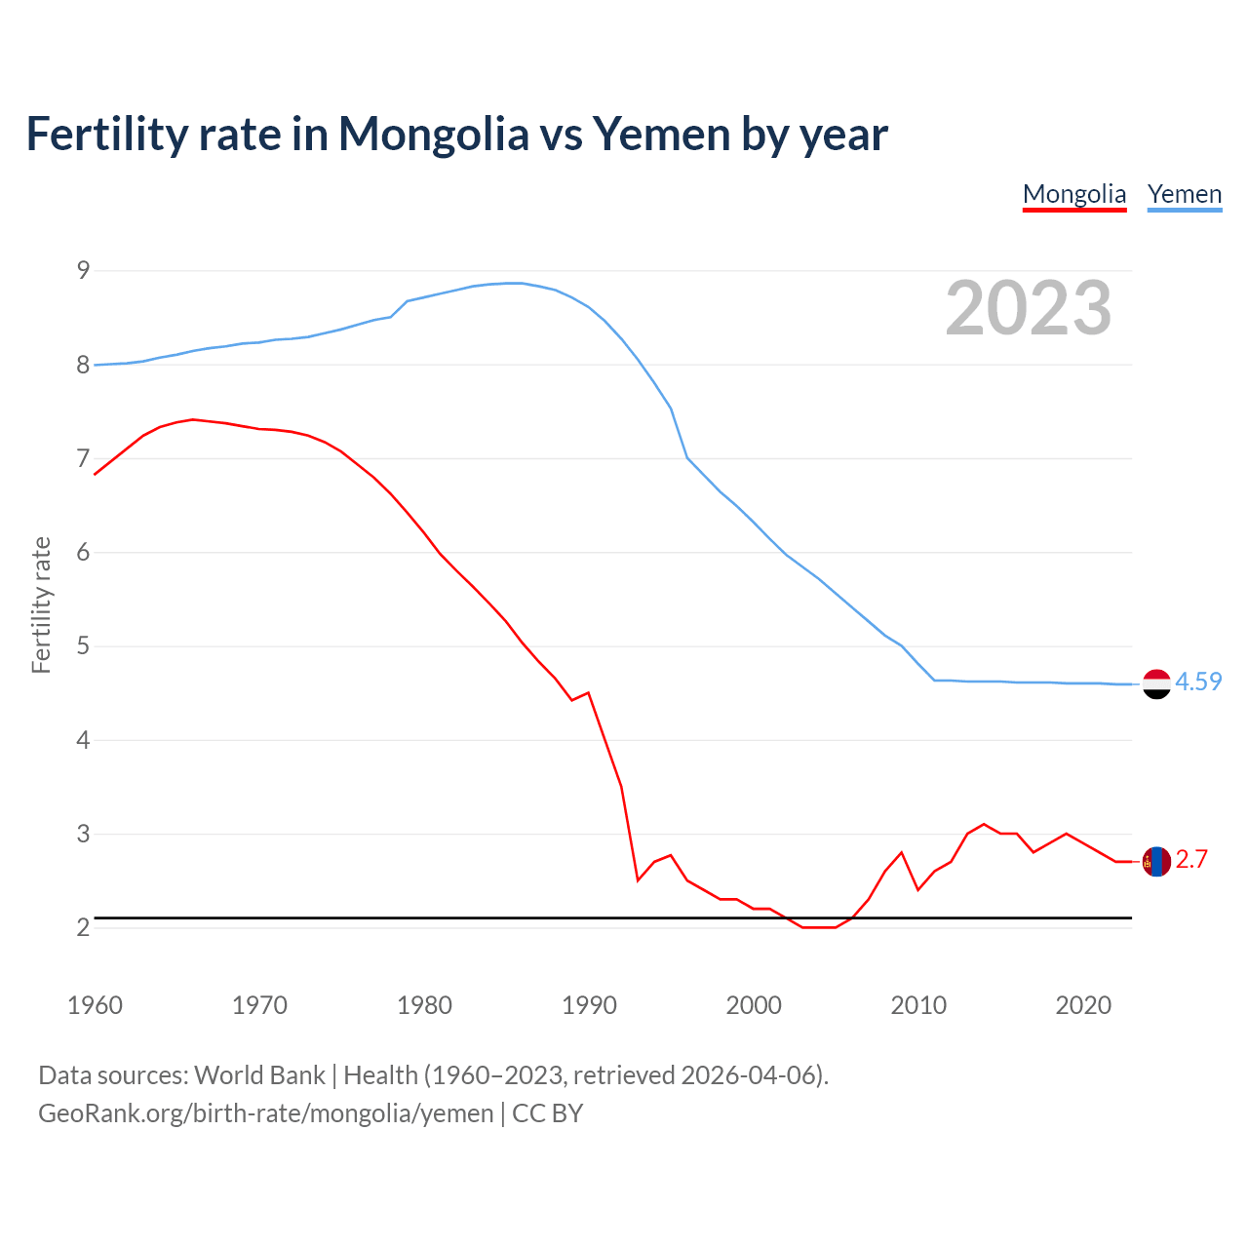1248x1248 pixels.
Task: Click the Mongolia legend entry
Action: pos(1074,194)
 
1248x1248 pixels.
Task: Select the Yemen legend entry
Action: pos(1185,194)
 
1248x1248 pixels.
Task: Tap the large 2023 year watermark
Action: pos(1029,308)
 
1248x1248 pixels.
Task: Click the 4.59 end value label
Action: pos(1198,682)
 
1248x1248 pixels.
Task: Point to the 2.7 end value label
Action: pos(1191,859)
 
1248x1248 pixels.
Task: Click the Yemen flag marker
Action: pos(1156,684)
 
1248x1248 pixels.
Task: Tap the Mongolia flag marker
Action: pos(1156,862)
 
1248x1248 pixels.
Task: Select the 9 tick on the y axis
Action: pos(83,270)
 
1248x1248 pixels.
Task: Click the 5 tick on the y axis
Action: pos(83,646)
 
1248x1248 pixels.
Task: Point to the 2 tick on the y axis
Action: pos(83,927)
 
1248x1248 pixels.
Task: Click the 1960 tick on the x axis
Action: pos(95,1005)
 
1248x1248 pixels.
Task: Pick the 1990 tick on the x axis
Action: pos(589,1005)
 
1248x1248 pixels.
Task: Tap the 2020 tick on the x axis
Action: pos(1083,1005)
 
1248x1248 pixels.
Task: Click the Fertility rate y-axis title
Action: pos(41,604)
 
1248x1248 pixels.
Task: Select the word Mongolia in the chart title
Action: pos(433,134)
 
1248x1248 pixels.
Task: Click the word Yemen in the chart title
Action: pos(660,134)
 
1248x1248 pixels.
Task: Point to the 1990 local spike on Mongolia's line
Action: pos(588,692)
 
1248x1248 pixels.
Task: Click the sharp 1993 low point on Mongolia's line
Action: pos(638,880)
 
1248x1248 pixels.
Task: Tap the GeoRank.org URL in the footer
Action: pos(265,1113)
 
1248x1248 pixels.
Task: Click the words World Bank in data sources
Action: pos(259,1075)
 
